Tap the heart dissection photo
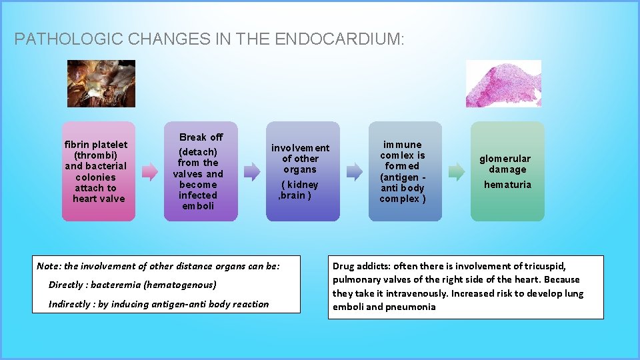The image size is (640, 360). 101,83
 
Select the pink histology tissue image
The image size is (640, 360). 503,83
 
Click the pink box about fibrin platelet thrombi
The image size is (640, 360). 99,171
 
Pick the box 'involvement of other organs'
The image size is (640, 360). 303,171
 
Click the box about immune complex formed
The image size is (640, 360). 405,171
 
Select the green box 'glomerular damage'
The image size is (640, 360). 507,171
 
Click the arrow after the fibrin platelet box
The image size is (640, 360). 149,172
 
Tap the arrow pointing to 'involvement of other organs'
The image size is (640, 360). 251,172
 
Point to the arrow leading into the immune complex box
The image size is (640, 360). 353,172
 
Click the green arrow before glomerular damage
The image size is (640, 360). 456,172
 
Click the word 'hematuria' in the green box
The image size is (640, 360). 507,185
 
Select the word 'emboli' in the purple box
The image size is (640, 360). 198,206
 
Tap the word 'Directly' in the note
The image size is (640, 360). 67,285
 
